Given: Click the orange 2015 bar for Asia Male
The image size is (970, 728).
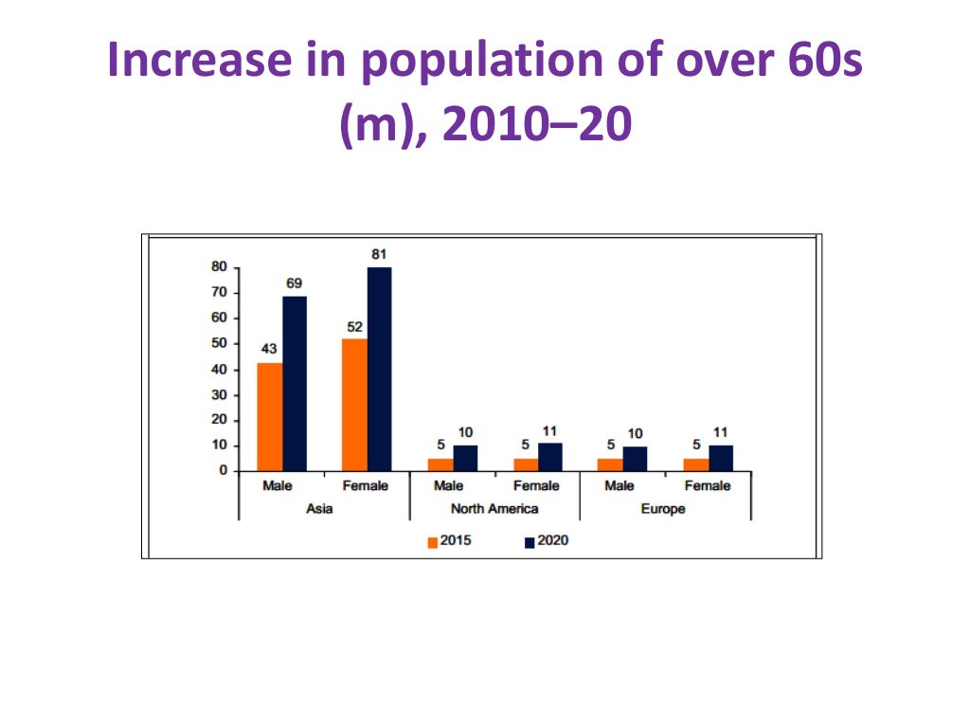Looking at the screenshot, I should click(x=269, y=416).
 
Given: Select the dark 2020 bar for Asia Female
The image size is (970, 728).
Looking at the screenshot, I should click(x=379, y=369).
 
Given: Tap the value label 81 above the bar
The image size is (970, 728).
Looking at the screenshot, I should click(x=380, y=254).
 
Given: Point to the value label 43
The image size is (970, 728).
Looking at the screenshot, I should click(x=269, y=349).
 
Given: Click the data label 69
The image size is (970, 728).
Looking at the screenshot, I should click(x=295, y=283).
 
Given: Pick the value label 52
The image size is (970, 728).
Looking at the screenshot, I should click(x=354, y=327).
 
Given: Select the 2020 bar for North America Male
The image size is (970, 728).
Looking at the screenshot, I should click(x=465, y=458).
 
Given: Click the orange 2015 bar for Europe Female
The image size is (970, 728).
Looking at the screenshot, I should click(x=695, y=464).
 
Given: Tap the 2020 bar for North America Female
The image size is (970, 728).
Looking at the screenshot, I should click(x=549, y=457).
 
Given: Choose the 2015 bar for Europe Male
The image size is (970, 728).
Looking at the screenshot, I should click(x=611, y=464).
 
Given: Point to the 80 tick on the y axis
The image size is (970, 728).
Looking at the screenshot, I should click(x=218, y=267).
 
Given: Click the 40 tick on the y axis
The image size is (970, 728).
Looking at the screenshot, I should click(x=218, y=369).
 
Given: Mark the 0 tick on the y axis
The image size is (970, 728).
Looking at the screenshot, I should click(x=223, y=470).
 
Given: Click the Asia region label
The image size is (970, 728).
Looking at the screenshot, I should click(x=319, y=509).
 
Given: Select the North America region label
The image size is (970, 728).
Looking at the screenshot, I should click(x=494, y=509).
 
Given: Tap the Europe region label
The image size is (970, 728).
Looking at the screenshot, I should click(x=662, y=509).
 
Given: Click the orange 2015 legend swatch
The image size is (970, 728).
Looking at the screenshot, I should click(x=433, y=542).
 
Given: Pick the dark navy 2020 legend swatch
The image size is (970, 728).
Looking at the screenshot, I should click(x=530, y=542).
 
